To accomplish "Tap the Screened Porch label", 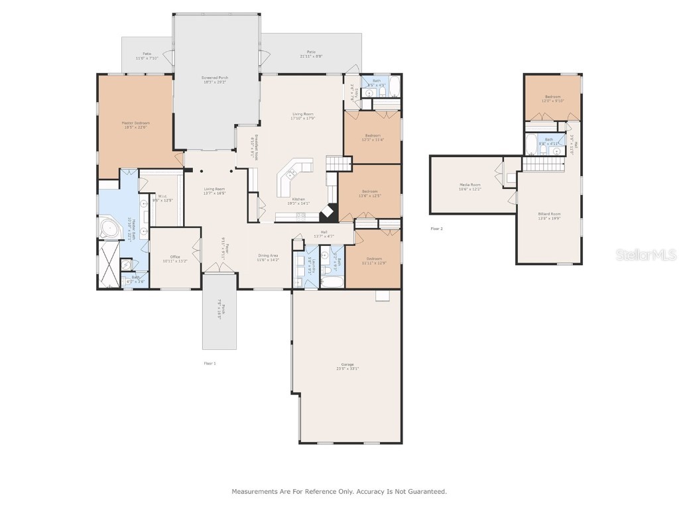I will [216, 78].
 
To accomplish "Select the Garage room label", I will [347, 364].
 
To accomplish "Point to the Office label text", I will [175, 256].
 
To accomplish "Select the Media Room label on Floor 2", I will [469, 184].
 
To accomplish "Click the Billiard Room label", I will [549, 214].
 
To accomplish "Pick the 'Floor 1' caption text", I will [210, 363].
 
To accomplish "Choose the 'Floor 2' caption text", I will [436, 229].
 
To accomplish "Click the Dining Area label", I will [268, 255].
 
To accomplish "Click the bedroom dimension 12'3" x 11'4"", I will [372, 140].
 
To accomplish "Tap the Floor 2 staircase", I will [542, 164].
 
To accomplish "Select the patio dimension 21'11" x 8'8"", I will [311, 56].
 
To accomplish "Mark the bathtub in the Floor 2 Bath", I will [530, 144].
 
